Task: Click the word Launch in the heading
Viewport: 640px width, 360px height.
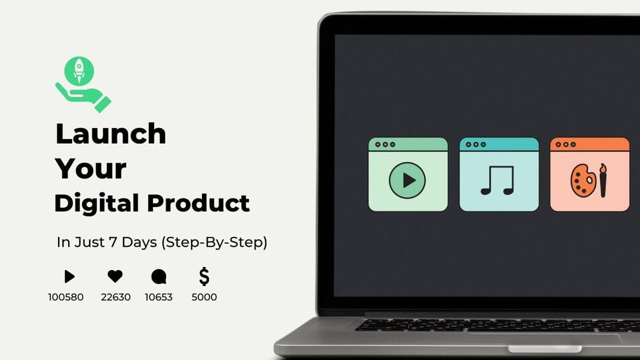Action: [x=111, y=134]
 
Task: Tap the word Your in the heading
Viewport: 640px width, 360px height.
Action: [x=90, y=169]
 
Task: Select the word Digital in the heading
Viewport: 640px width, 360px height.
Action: [x=96, y=203]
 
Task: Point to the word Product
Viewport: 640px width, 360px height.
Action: [x=199, y=203]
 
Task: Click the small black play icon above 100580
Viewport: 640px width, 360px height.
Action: [x=69, y=277]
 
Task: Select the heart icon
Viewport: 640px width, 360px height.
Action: [x=115, y=277]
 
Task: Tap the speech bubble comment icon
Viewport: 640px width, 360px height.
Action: [x=159, y=277]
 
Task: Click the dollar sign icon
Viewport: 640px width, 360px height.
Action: [x=204, y=277]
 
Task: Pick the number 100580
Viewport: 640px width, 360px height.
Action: [x=66, y=297]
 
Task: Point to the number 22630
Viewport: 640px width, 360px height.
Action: [x=116, y=297]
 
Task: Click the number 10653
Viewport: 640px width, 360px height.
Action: [x=159, y=297]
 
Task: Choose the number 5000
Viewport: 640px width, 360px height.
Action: [x=204, y=297]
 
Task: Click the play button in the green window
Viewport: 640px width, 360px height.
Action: [x=408, y=180]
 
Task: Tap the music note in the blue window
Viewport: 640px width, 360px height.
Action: [x=497, y=180]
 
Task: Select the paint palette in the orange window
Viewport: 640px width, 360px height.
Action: [x=583, y=181]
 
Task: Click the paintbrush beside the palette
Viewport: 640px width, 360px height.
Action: [x=602, y=180]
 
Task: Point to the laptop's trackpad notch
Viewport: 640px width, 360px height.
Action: [x=544, y=349]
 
